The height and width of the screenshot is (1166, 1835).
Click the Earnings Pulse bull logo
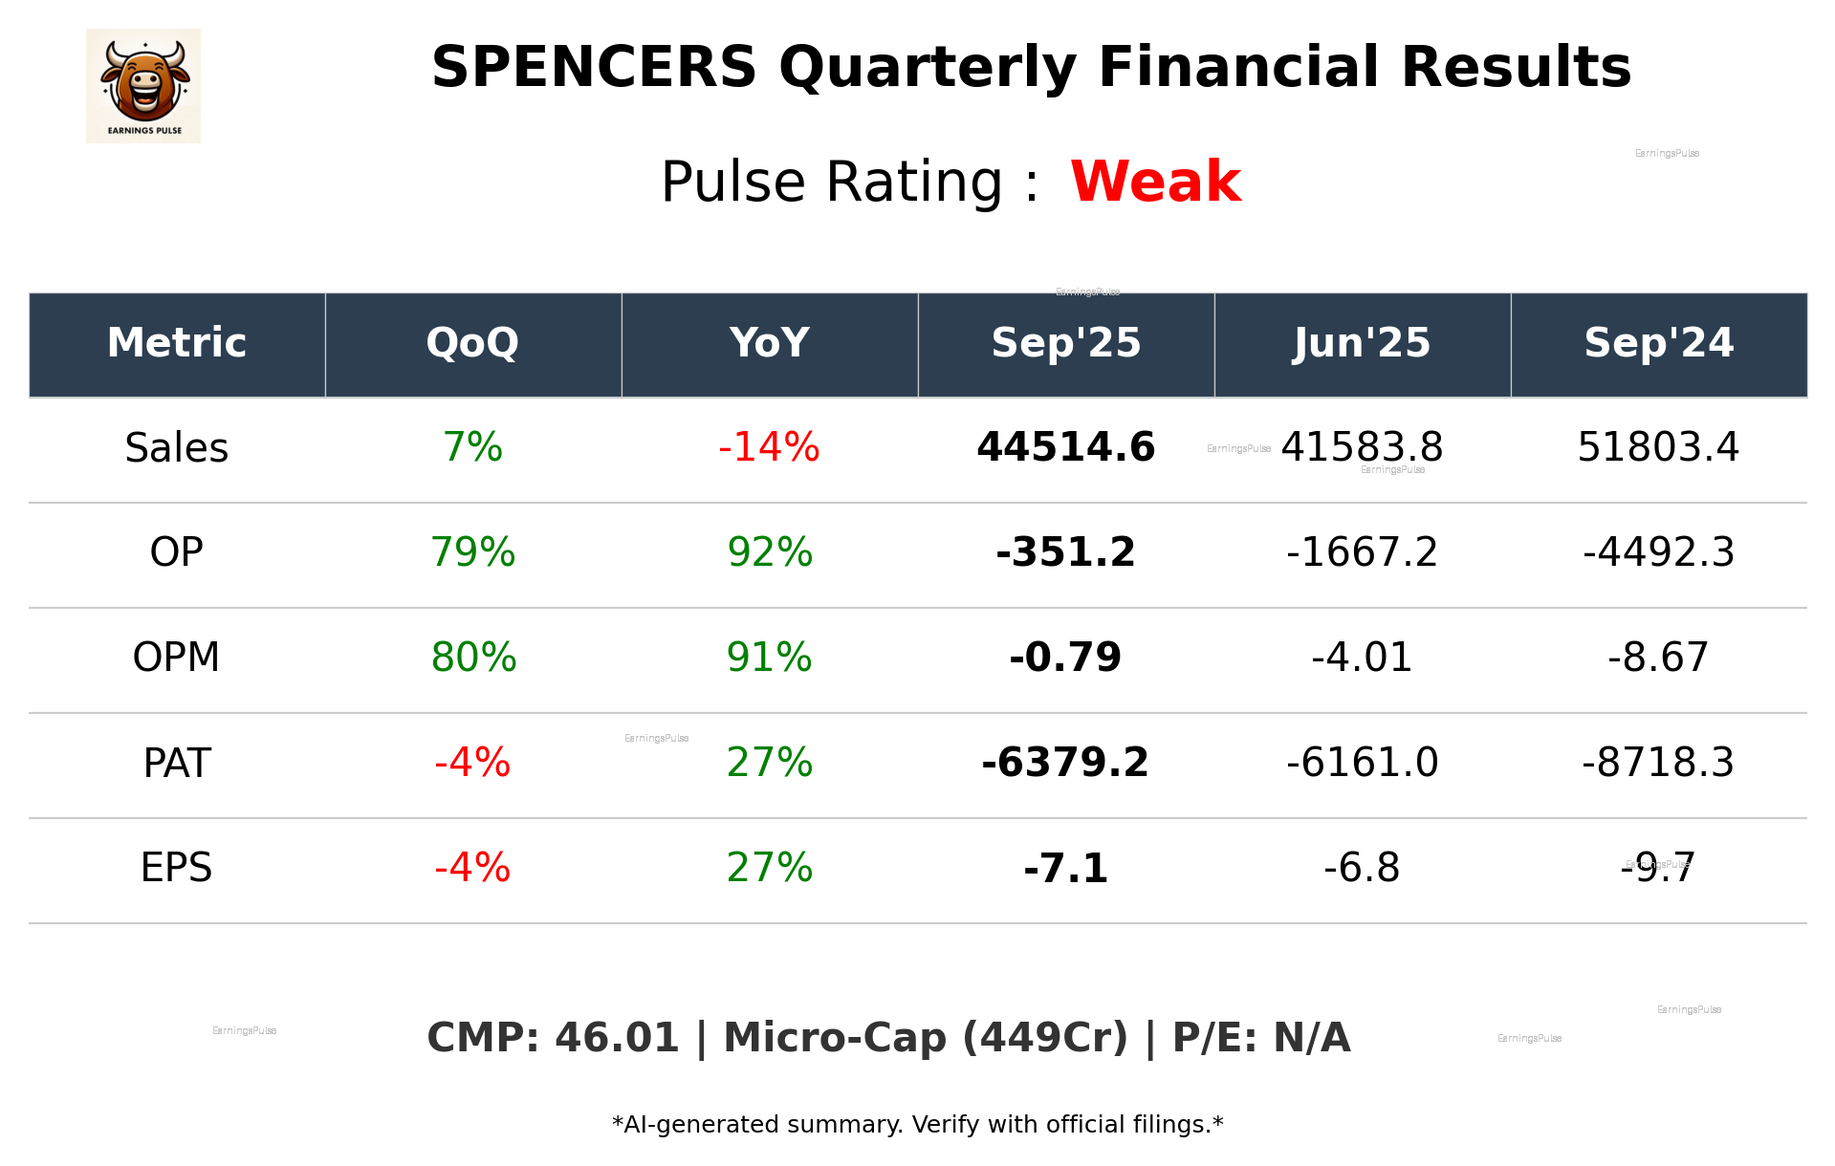point(143,85)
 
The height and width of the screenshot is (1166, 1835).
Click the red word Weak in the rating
point(1155,182)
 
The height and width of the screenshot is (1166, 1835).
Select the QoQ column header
point(472,343)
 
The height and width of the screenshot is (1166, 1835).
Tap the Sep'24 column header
point(1658,343)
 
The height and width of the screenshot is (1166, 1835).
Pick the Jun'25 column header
point(1362,343)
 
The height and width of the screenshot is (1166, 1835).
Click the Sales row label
point(177,447)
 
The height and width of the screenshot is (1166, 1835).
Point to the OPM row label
point(177,658)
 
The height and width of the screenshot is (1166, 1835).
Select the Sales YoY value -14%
point(769,447)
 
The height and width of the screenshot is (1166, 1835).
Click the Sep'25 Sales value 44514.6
point(1065,447)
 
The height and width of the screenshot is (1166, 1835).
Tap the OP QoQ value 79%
point(472,552)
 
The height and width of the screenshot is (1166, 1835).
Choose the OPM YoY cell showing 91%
point(769,658)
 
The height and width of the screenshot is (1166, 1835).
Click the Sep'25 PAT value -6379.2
point(1065,763)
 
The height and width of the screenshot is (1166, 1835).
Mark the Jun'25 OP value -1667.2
point(1362,552)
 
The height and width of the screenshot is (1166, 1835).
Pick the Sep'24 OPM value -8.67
point(1658,658)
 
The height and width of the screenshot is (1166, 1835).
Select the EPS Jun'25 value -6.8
point(1362,868)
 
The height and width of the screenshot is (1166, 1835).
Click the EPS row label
point(177,868)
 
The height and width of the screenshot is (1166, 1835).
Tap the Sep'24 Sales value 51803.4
point(1658,447)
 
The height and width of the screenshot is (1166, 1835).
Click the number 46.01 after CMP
point(617,1039)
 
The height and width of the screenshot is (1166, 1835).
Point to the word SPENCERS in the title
point(594,68)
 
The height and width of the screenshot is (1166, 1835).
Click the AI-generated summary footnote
point(917,1125)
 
